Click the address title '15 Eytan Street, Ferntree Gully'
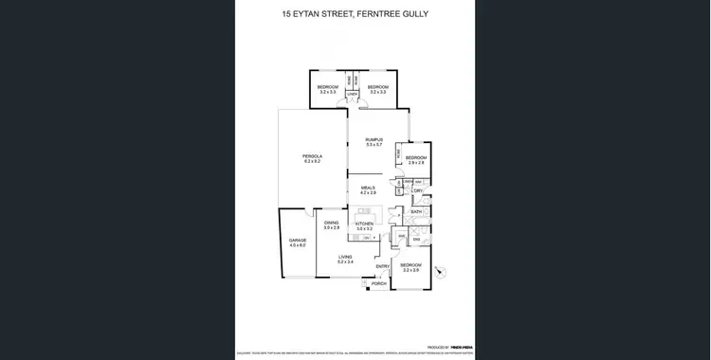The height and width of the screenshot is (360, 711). [355, 14]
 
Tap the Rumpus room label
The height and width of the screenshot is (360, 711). [374, 139]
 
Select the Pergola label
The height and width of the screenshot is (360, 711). [312, 156]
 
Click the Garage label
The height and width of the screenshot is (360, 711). [298, 241]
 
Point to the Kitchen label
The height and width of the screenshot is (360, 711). [365, 224]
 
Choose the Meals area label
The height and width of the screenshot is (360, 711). [368, 188]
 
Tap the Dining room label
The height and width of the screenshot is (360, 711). [331, 223]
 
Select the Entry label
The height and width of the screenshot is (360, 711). [382, 266]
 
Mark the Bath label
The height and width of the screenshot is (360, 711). [416, 211]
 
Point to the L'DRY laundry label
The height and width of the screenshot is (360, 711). [417, 190]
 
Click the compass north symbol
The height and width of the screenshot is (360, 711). [439, 273]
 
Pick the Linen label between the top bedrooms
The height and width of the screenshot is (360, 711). [353, 94]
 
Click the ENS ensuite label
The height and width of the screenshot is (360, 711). [416, 239]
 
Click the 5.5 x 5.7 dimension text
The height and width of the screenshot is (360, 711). [374, 145]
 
